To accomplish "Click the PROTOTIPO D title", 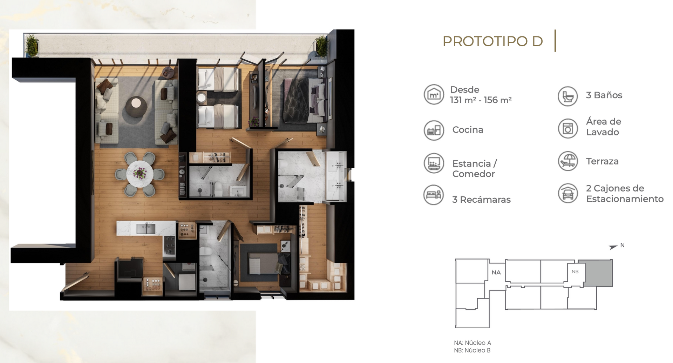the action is click(x=492, y=41).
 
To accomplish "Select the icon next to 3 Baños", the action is click(x=567, y=96).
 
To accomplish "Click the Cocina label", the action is click(x=468, y=130).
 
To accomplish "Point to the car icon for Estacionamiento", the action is click(x=568, y=193).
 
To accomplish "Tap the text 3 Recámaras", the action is click(x=481, y=200).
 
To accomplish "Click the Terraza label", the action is click(x=602, y=161).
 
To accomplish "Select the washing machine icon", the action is click(x=568, y=128).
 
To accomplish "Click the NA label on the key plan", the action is click(x=496, y=272).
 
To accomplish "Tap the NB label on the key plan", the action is click(x=575, y=271).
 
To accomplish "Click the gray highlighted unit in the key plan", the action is click(x=595, y=273).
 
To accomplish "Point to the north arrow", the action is click(x=613, y=247).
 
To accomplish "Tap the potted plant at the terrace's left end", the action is click(x=32, y=45).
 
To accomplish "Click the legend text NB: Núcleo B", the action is click(x=472, y=350).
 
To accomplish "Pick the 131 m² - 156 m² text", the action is click(x=481, y=100).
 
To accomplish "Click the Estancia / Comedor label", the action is click(x=475, y=169).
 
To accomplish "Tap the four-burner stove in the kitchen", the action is click(x=170, y=244).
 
